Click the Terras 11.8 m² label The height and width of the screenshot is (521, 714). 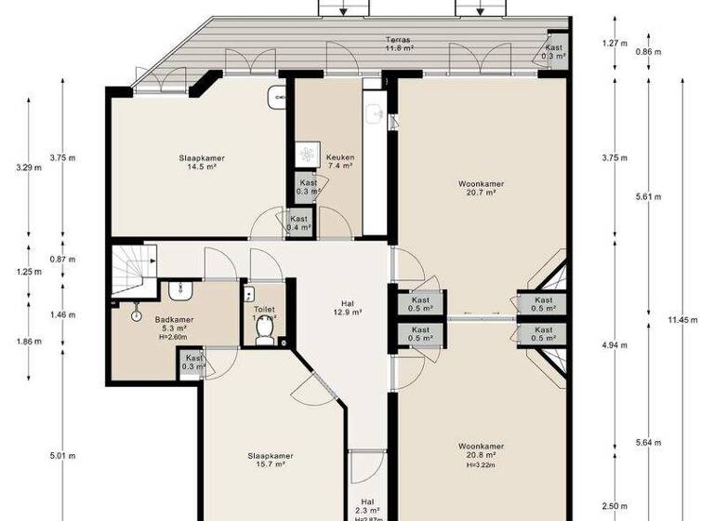click(x=400, y=43)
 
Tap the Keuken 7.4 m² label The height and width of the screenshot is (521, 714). click(x=339, y=161)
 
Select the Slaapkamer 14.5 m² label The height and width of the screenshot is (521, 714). click(x=202, y=161)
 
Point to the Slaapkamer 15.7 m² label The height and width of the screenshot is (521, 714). click(x=271, y=460)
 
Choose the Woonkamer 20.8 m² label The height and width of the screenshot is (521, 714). click(x=481, y=451)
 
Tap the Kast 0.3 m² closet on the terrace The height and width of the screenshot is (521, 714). click(x=555, y=51)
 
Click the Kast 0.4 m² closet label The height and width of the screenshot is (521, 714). click(x=298, y=223)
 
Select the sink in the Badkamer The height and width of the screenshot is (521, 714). click(x=179, y=292)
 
